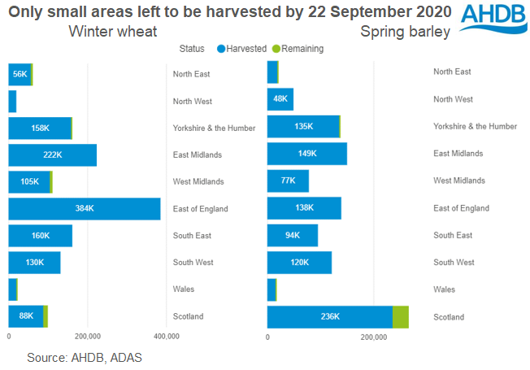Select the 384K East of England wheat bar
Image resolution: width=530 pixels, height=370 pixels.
[85, 209]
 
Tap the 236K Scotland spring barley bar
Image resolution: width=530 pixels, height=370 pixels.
[330, 317]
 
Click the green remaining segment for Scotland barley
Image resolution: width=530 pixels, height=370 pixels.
[400, 317]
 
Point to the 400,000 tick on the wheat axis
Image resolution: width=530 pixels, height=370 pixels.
[166, 337]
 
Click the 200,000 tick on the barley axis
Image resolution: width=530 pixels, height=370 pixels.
[373, 337]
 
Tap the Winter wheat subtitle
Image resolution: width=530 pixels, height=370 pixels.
[113, 32]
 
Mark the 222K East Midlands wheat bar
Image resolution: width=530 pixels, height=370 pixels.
[52, 155]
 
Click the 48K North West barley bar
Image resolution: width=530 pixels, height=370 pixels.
[280, 99]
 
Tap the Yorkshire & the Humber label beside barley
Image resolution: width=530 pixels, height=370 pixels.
[475, 126]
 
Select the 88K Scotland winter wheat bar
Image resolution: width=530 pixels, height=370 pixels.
[26, 317]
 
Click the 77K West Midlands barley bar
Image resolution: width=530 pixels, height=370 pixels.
[288, 181]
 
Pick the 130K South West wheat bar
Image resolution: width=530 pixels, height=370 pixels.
[34, 263]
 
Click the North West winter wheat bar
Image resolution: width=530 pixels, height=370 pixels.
[12, 101]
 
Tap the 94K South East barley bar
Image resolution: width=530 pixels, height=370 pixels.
[293, 236]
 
